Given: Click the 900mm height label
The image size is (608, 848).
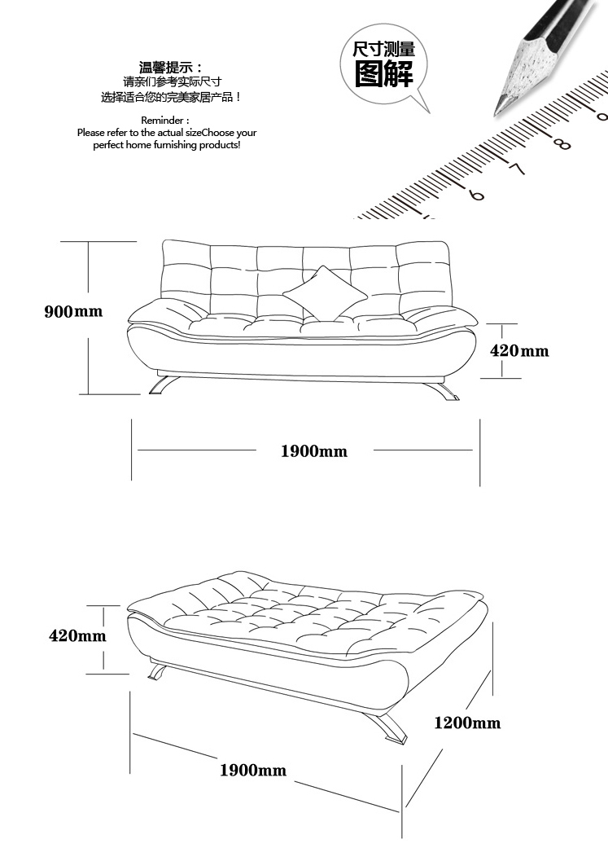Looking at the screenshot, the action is click(x=73, y=311).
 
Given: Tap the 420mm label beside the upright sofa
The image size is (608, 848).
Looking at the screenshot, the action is click(x=519, y=350).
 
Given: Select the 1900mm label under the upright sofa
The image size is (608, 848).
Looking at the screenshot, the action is click(x=314, y=451).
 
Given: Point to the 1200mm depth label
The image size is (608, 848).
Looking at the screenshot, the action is click(x=467, y=723).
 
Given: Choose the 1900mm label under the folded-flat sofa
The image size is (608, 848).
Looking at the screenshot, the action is click(x=253, y=770).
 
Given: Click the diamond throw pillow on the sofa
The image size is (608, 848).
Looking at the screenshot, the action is click(x=325, y=292).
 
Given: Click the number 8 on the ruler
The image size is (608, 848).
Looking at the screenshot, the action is click(x=562, y=144).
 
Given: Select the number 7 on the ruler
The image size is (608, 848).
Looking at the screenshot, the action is click(x=517, y=169).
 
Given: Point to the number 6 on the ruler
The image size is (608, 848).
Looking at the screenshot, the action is click(x=476, y=194).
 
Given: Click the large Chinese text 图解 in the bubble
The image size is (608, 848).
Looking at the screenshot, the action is click(x=383, y=73).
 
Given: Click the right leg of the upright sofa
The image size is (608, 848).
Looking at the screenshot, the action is click(x=443, y=390).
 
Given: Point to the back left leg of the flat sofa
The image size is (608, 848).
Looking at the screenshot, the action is click(x=157, y=671).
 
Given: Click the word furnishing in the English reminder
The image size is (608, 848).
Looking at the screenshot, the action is click(x=175, y=145).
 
